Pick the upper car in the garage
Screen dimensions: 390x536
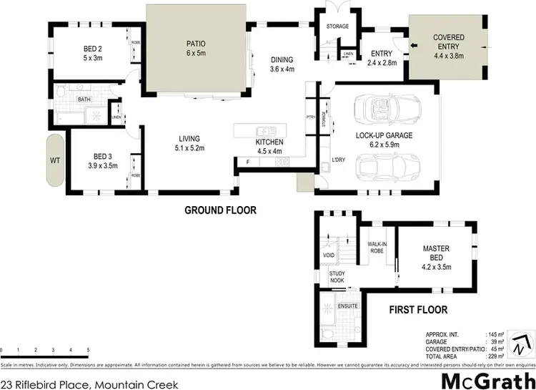(x=376, y=109)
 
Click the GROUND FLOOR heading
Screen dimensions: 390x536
(x=220, y=210)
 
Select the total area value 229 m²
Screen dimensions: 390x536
(x=492, y=356)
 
